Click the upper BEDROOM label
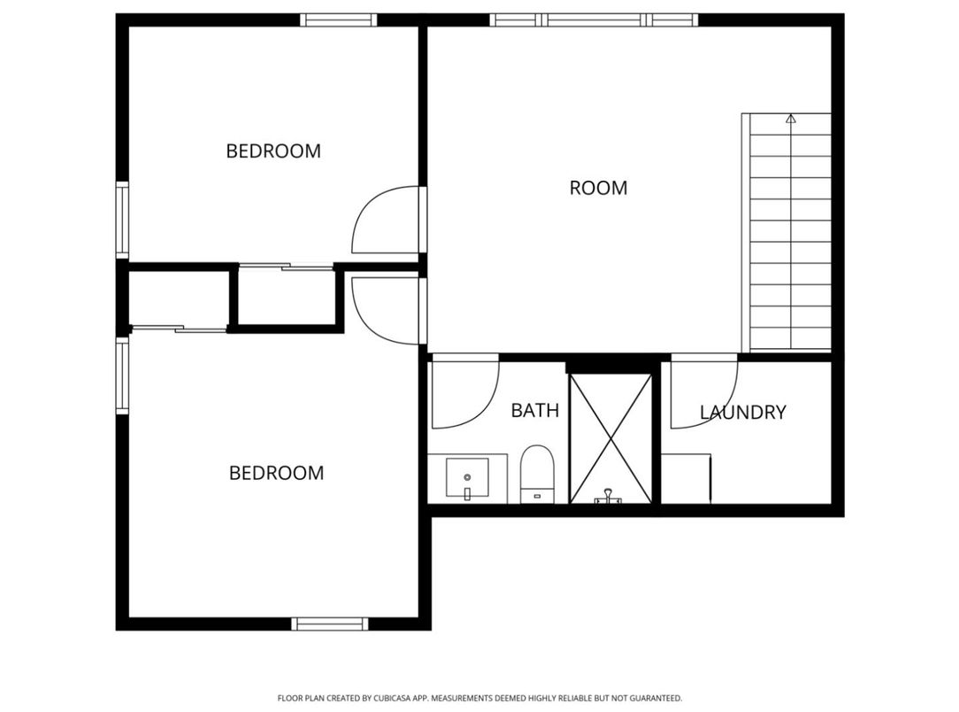(x=273, y=151)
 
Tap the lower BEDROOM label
(x=276, y=474)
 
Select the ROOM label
(x=598, y=189)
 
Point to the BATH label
(x=535, y=411)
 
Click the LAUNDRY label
(x=742, y=413)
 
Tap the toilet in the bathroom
(x=536, y=474)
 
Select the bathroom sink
(x=467, y=479)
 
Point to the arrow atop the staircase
(x=791, y=118)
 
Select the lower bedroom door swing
(x=385, y=310)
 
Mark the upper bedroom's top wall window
(x=339, y=19)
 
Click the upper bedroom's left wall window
(x=122, y=221)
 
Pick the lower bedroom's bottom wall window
(x=329, y=623)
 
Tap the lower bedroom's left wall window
(x=122, y=376)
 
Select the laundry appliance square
(x=687, y=478)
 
